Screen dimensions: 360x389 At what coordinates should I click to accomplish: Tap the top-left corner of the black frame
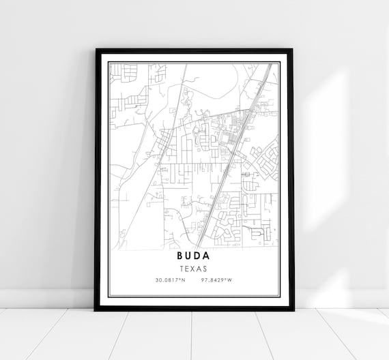[x=97, y=50]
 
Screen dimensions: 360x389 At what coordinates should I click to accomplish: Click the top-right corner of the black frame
[x=292, y=50]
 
